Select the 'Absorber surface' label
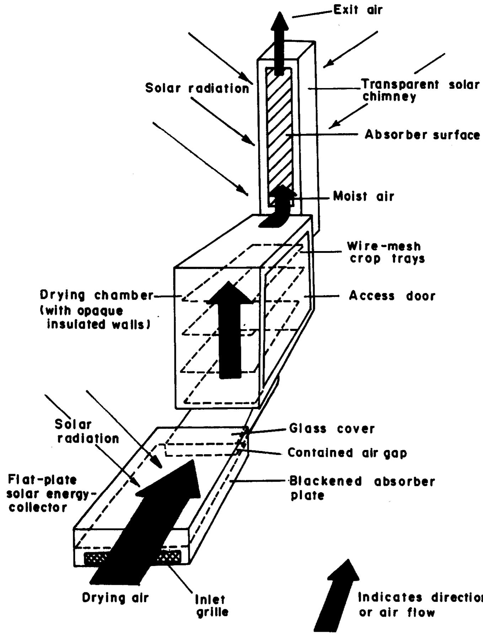tap(422, 135)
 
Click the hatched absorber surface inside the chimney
tap(279, 135)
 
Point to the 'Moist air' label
tap(364, 196)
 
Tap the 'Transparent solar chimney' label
tap(419, 90)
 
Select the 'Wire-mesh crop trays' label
tap(386, 252)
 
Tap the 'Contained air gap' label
tap(347, 453)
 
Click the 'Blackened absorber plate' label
tap(361, 488)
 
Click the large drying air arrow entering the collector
tap(149, 526)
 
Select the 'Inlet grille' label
tap(212, 606)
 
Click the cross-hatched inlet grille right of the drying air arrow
tap(169, 557)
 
